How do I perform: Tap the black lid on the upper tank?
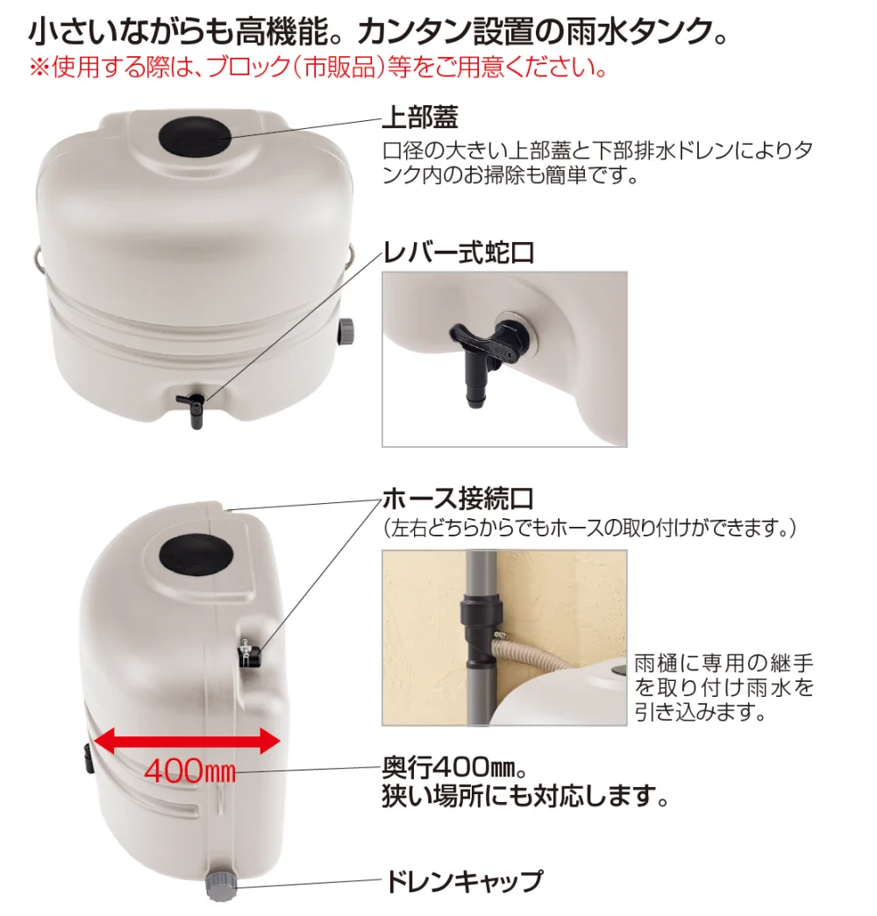tap(195, 136)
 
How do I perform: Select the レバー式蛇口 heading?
tap(459, 253)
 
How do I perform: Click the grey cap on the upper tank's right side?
tap(346, 331)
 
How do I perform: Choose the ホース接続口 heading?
tap(458, 499)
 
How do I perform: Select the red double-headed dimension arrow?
tap(187, 741)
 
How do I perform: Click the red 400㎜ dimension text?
tap(190, 771)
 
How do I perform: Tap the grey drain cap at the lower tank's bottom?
tap(221, 887)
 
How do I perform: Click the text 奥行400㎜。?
tap(455, 768)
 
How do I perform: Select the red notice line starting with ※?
tap(319, 67)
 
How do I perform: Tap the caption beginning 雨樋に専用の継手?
tap(724, 687)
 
